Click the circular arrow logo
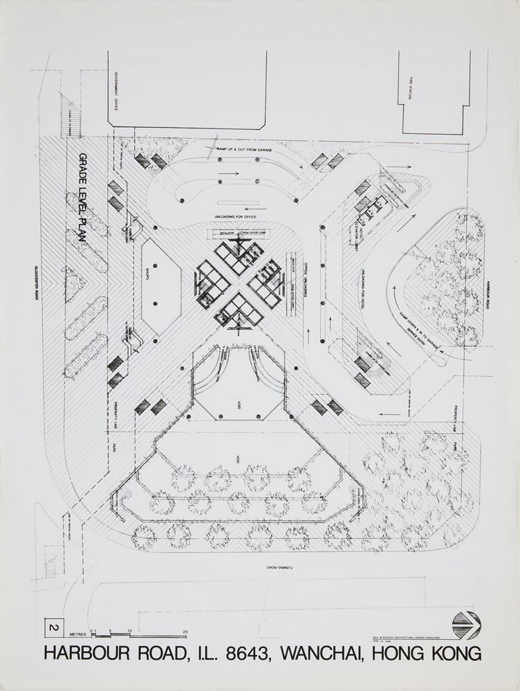click(x=465, y=625)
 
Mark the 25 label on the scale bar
click(x=185, y=630)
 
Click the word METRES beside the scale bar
click(x=76, y=630)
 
